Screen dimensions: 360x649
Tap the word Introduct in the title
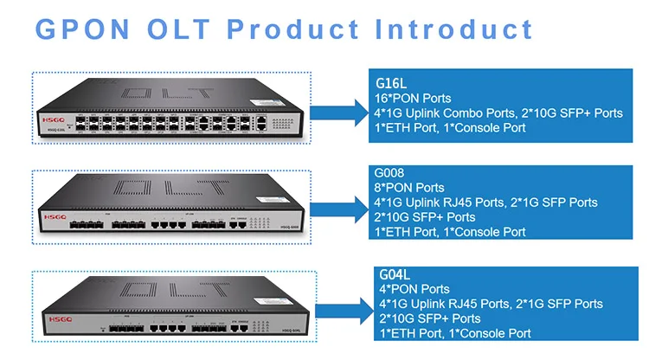[x=454, y=28]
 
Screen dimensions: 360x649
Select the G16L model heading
[x=391, y=84]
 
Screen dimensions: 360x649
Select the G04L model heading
[x=397, y=275]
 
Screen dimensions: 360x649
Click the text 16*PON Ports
[x=413, y=99]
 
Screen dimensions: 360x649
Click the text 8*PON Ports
[x=409, y=188]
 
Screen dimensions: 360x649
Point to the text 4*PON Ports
[x=414, y=289]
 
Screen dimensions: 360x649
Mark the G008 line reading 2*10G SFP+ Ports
[x=425, y=217]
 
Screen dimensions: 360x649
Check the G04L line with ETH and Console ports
[x=454, y=333]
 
